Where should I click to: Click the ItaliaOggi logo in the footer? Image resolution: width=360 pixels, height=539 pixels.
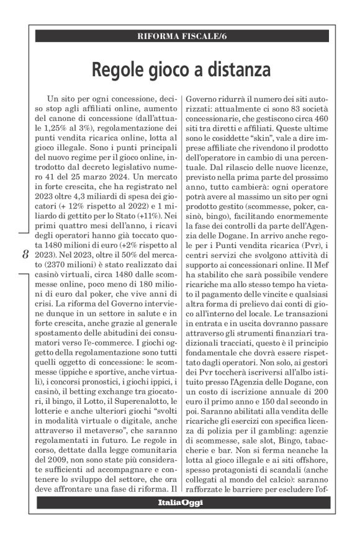click(x=179, y=510)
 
